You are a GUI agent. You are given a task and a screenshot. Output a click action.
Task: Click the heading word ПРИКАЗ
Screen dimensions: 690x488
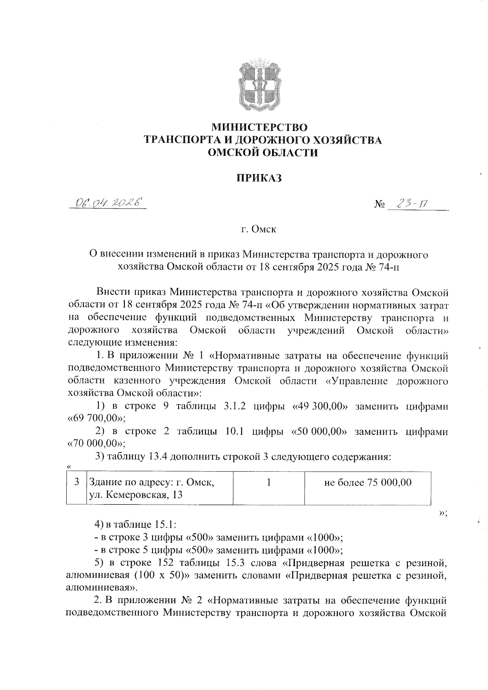pos(259,178)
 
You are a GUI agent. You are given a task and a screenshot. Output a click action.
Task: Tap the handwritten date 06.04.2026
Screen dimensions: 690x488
pos(108,202)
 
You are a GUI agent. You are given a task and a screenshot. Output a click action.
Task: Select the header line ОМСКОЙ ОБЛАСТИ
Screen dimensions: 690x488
pos(263,152)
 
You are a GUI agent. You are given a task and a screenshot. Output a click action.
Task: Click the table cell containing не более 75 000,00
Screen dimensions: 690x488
pos(368,483)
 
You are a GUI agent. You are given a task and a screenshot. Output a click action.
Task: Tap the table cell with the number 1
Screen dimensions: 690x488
pos(268,483)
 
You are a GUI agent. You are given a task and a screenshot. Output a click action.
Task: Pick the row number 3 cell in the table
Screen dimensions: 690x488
pos(77,483)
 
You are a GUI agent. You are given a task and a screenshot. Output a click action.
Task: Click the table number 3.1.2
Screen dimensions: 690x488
pos(235,407)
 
